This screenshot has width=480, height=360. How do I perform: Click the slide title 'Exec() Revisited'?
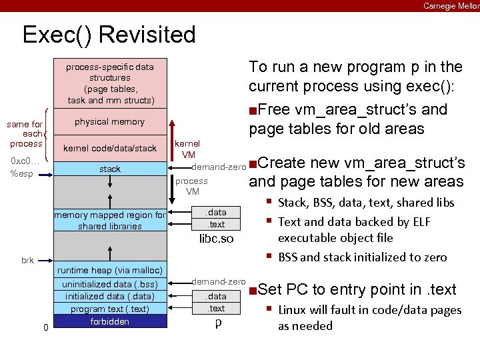tap(109, 35)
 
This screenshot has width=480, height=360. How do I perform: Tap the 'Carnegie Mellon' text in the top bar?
tap(451, 6)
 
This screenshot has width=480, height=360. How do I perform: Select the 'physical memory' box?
tap(109, 122)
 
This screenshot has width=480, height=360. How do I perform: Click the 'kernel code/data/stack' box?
tap(109, 147)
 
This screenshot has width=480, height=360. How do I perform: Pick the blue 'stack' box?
tap(109, 169)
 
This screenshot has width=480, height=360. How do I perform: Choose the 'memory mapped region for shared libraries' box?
tap(109, 221)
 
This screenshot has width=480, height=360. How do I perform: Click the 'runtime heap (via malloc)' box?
tap(109, 270)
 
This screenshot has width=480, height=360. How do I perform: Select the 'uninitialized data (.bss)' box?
tap(109, 284)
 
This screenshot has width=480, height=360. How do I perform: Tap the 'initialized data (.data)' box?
tap(109, 296)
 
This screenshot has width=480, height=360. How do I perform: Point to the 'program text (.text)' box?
tap(109, 309)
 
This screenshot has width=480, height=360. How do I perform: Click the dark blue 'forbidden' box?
tap(109, 321)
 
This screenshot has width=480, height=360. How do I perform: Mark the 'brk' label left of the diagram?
tap(27, 260)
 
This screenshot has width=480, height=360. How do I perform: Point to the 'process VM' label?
tap(192, 186)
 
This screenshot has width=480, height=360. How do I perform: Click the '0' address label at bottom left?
tap(45, 327)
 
